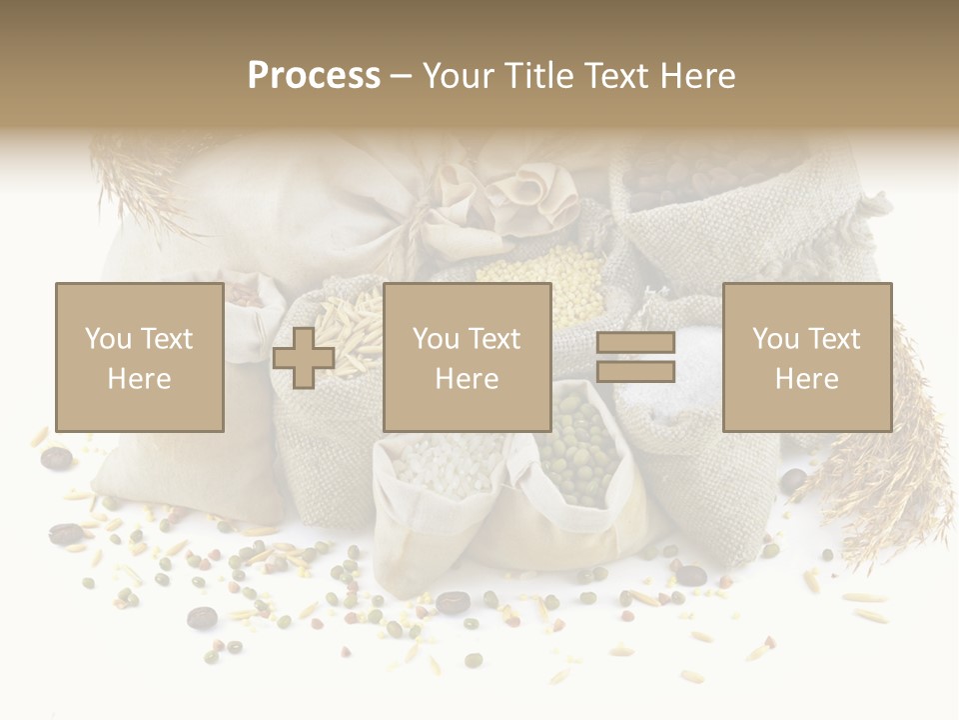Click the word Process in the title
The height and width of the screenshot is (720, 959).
point(314,76)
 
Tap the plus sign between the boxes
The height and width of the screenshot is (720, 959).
point(304,358)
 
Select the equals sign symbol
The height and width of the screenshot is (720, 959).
point(636,357)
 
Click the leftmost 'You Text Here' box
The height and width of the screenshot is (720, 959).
point(139,357)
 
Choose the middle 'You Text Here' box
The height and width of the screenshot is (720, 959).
point(467,357)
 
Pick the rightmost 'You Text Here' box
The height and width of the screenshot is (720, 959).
point(806,357)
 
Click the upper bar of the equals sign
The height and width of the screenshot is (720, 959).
point(636,343)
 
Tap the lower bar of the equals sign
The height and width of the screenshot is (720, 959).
point(636,372)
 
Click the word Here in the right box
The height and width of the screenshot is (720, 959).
point(806,378)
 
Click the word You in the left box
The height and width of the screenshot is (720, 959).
point(107,339)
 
